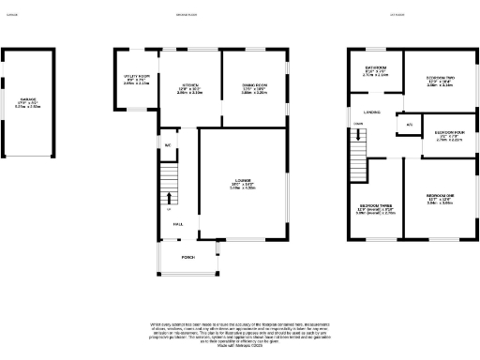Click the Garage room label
tap(28, 103)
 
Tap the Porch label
tap(187, 257)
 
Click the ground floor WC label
tap(167, 145)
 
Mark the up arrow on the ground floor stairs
tap(170, 198)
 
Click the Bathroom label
tap(376, 71)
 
